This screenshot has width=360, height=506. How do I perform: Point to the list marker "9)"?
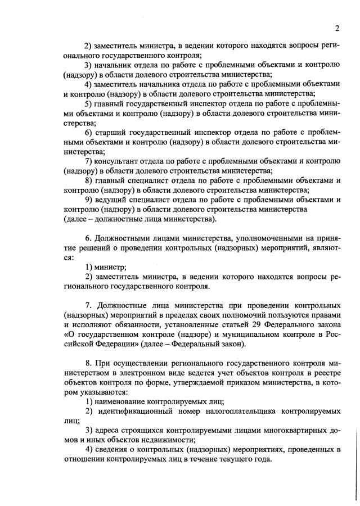[89, 199]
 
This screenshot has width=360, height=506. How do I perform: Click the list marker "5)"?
[89, 103]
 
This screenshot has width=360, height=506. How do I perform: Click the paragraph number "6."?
[89, 238]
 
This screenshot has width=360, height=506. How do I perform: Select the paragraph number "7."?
[89, 305]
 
